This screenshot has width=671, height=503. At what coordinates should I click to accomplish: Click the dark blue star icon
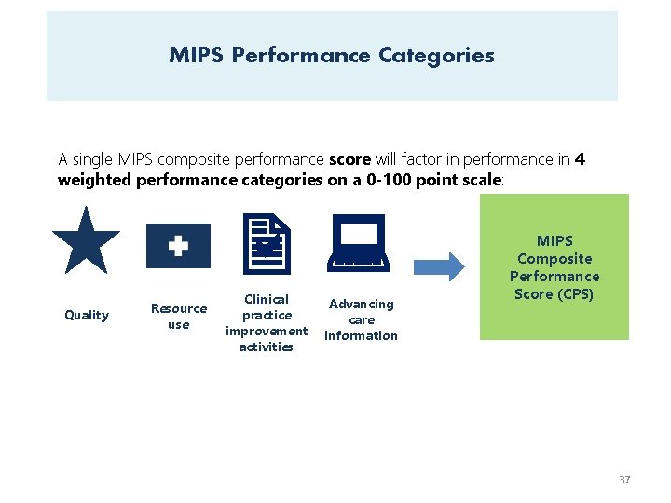(86, 241)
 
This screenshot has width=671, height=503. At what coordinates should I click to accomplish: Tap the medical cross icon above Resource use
(178, 246)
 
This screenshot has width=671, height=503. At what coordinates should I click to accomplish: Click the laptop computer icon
(359, 242)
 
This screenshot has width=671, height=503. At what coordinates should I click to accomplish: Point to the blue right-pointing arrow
(438, 267)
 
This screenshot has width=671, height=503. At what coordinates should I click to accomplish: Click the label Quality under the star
(87, 315)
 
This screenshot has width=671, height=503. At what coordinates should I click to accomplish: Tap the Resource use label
(179, 316)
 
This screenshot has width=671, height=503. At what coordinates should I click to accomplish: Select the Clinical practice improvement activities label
(267, 322)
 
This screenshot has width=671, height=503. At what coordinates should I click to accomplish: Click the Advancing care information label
(361, 319)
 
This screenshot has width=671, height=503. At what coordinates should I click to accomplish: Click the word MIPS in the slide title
(196, 55)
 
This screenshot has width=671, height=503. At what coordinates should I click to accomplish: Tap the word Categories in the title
(436, 55)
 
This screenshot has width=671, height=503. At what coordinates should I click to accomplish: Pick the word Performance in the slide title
(301, 55)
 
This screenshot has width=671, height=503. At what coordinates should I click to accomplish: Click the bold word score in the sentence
(350, 159)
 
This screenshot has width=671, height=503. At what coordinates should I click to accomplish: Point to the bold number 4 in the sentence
(581, 159)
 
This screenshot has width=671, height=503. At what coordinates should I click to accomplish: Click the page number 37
(624, 480)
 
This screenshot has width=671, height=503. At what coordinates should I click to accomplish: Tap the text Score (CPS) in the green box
(554, 294)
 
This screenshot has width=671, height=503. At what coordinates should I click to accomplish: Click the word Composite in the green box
(555, 259)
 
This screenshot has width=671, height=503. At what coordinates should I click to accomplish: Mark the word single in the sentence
(93, 159)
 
